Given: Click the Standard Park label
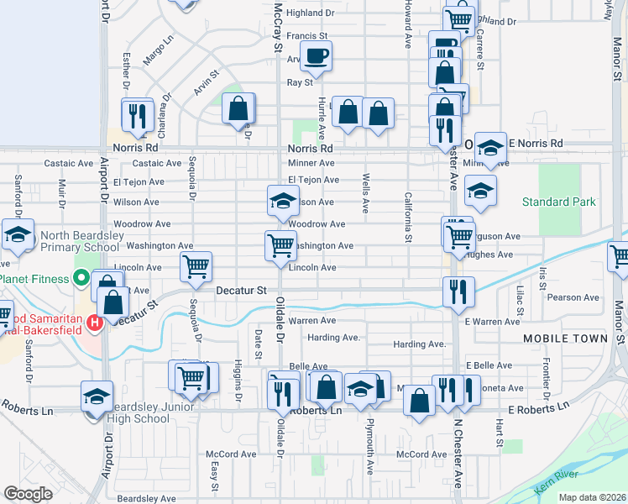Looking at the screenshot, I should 558,202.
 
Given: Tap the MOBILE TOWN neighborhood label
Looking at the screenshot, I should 565,339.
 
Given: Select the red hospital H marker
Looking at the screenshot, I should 95,322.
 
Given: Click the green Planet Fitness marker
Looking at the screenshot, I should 81,279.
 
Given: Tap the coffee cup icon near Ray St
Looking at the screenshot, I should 317,56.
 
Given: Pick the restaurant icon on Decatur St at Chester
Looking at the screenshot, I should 458,291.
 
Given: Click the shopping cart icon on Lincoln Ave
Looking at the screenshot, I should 196,267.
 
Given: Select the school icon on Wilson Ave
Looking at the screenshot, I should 283,200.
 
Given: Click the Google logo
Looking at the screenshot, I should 29,494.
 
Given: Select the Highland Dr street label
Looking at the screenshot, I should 310,13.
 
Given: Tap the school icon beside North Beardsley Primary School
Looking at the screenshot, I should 17,236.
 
